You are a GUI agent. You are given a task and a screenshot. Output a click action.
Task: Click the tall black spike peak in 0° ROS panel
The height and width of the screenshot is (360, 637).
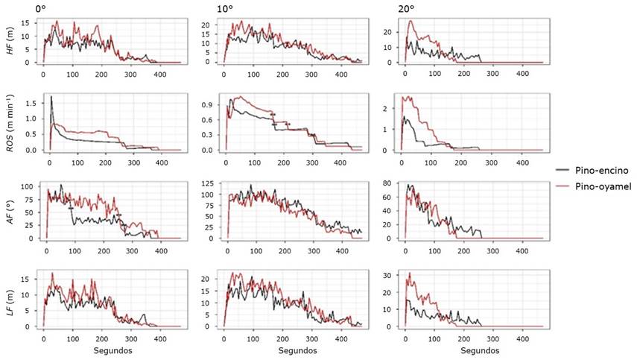51,98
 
